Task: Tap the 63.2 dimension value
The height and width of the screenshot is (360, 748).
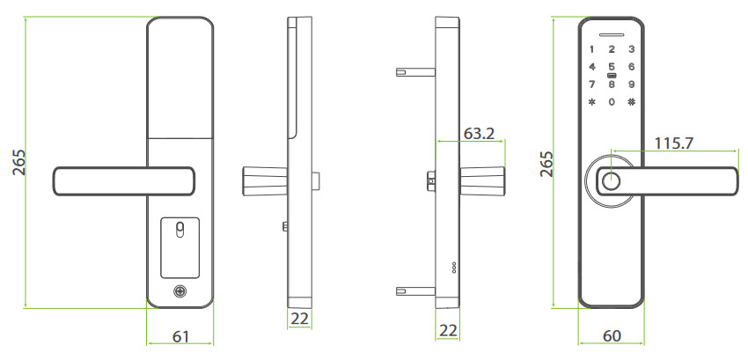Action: [x=479, y=134]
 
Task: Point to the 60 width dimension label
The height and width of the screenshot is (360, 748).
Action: [x=612, y=337]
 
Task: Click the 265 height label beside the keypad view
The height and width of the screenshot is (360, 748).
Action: [x=546, y=164]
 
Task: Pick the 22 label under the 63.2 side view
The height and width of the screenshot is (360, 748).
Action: [x=448, y=331]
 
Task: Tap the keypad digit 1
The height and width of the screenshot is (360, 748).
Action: [x=592, y=49]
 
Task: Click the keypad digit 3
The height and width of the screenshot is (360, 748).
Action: [x=631, y=49]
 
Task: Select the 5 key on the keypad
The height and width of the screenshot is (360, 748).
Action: [x=612, y=67]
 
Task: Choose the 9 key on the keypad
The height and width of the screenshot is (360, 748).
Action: [x=631, y=84]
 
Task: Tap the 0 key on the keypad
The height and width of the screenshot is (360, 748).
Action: [x=612, y=102]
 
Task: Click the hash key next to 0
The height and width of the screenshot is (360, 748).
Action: [x=631, y=102]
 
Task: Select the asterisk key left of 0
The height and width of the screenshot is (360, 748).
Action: [x=592, y=102]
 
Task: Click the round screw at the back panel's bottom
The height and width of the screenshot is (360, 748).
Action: [x=180, y=291]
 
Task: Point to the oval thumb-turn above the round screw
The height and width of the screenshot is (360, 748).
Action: [x=180, y=231]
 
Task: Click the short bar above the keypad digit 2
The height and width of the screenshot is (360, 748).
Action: [x=612, y=34]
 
